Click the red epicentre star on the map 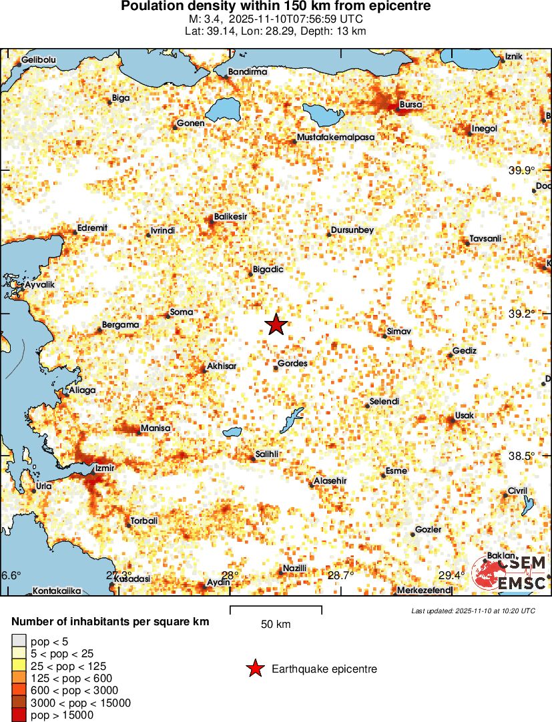pos(276,324)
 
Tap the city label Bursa pos(410,105)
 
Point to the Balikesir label pos(231,217)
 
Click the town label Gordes pos(292,364)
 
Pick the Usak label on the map pos(464,416)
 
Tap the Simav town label pos(399,332)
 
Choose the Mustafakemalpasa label pos(336,137)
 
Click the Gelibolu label pos(39,60)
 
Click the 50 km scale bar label pos(276,625)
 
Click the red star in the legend pos(254,669)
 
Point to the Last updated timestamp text pos(473,611)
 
